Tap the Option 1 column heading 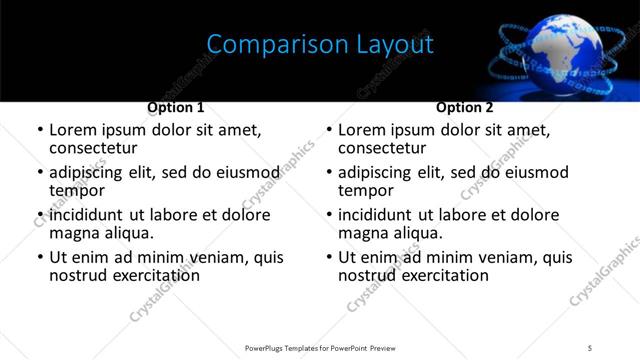[x=176, y=107]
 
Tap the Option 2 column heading [x=465, y=107]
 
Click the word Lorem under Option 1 [x=73, y=130]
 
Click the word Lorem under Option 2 [x=362, y=130]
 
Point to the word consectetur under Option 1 [x=93, y=148]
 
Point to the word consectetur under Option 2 [x=382, y=148]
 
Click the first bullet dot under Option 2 [x=329, y=131]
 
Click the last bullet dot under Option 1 [x=40, y=258]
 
